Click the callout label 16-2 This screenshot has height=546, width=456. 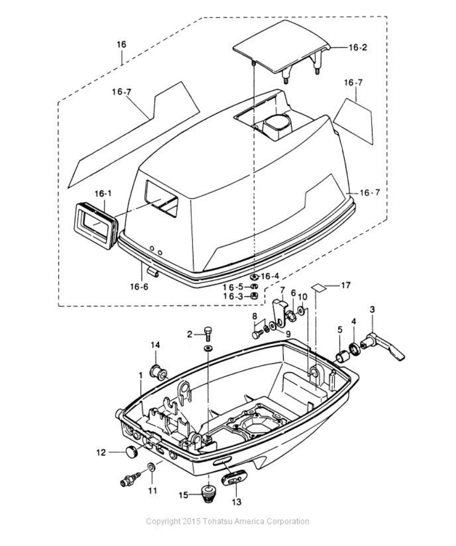[357, 47]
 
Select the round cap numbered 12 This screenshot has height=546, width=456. [130, 452]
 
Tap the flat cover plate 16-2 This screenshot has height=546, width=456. [281, 47]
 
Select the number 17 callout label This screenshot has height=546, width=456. [345, 286]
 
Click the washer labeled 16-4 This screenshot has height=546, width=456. [254, 277]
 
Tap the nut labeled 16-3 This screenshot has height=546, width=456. [254, 296]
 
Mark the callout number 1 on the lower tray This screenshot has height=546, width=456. [141, 375]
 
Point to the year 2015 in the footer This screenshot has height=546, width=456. [190, 522]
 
